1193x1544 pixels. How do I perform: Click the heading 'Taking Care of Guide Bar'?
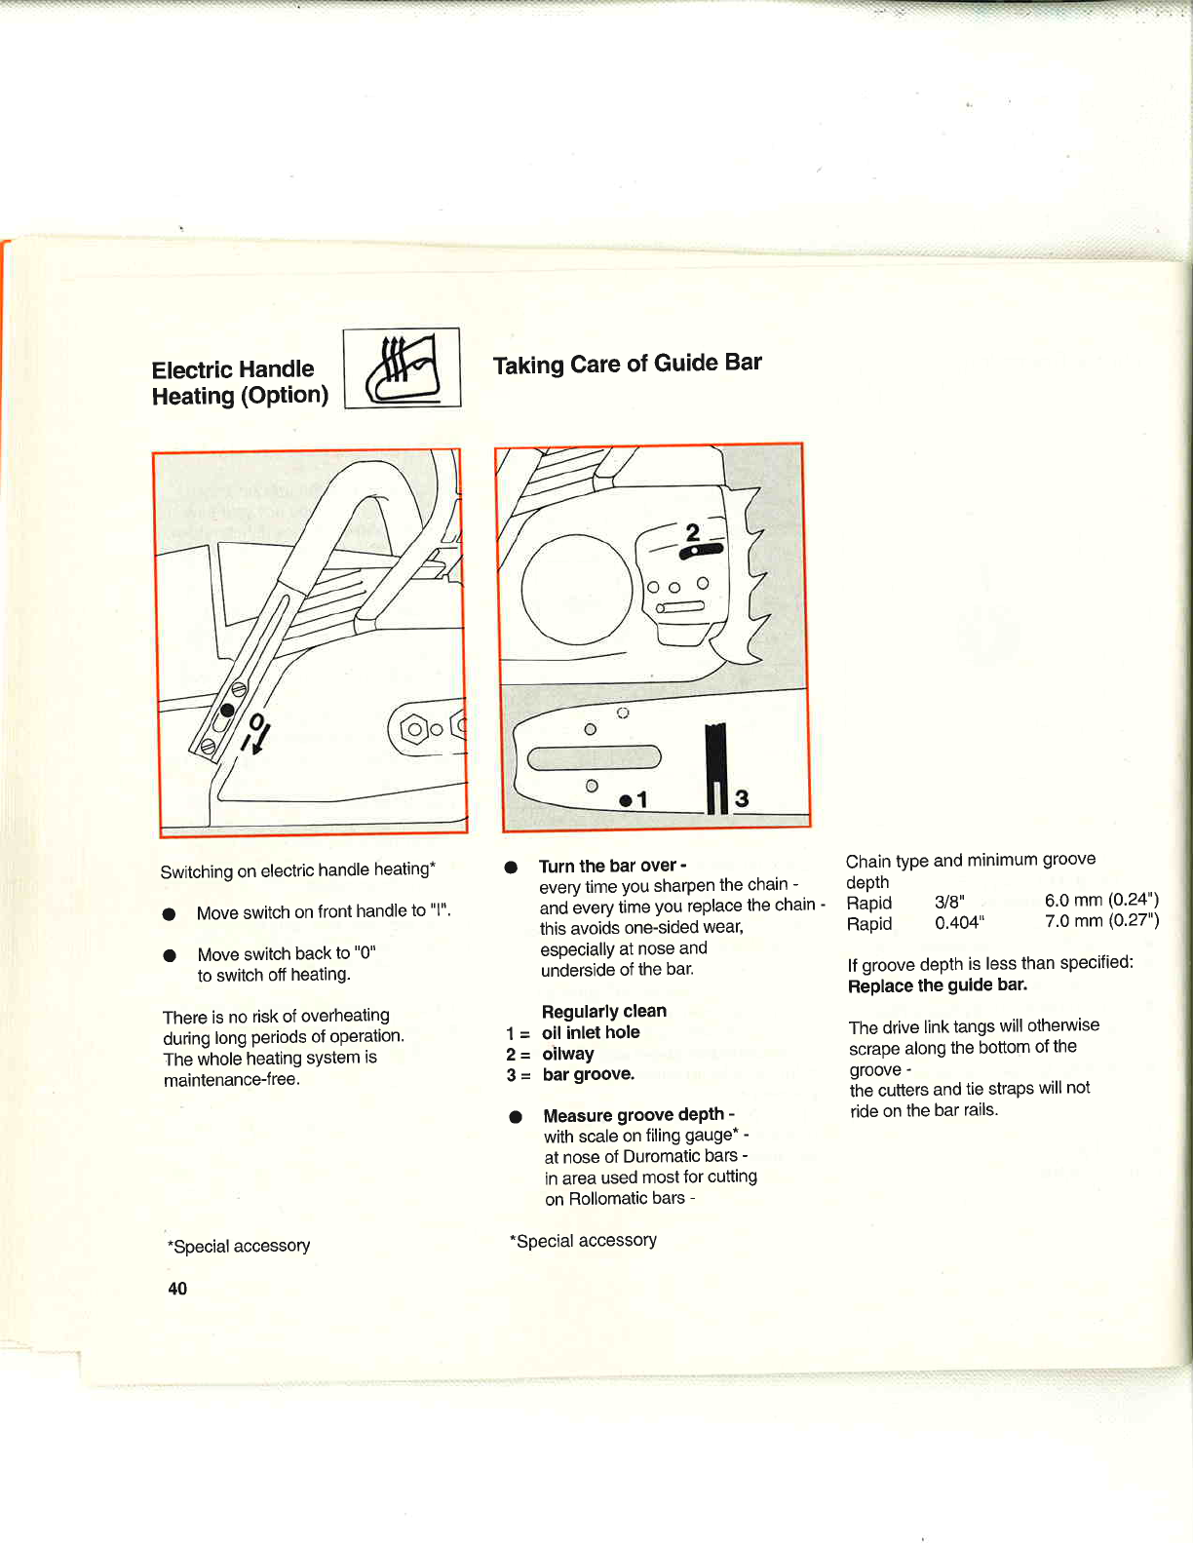click(627, 365)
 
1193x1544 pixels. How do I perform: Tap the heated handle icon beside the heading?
click(402, 368)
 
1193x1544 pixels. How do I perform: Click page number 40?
click(177, 1289)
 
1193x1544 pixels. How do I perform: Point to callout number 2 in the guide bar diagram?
click(693, 532)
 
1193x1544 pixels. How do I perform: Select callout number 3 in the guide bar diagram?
click(742, 799)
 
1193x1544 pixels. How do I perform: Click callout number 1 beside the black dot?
click(642, 800)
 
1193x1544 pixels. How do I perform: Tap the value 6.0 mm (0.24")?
click(1101, 900)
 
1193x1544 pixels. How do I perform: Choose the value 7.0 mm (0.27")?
click(1101, 921)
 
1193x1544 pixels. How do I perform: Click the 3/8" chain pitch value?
click(949, 903)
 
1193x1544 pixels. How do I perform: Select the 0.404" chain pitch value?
click(959, 923)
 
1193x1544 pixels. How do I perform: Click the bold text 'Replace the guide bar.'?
click(938, 985)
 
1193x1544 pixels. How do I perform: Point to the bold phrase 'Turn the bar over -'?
click(612, 866)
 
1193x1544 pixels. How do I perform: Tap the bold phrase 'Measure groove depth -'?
click(638, 1115)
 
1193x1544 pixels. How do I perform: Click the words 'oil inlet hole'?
click(591, 1032)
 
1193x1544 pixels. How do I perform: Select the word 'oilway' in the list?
click(568, 1054)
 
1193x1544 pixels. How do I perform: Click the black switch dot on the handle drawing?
click(227, 710)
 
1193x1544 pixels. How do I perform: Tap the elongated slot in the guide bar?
click(594, 757)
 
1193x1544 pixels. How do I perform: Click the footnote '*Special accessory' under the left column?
click(239, 1246)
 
